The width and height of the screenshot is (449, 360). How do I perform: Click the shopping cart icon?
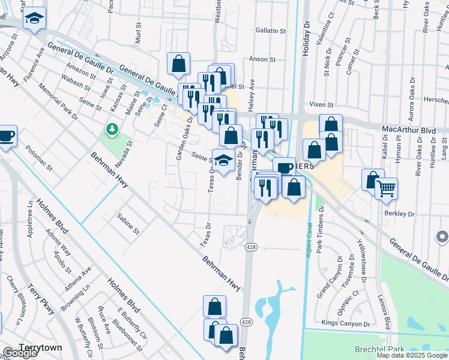pyautogui.click(x=386, y=188)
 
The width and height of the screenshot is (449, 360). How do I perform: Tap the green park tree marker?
pyautogui.click(x=111, y=130)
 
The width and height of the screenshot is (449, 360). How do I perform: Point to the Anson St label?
pyautogui.click(x=262, y=60)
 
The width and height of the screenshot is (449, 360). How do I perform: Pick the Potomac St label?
pyautogui.click(x=38, y=160)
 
